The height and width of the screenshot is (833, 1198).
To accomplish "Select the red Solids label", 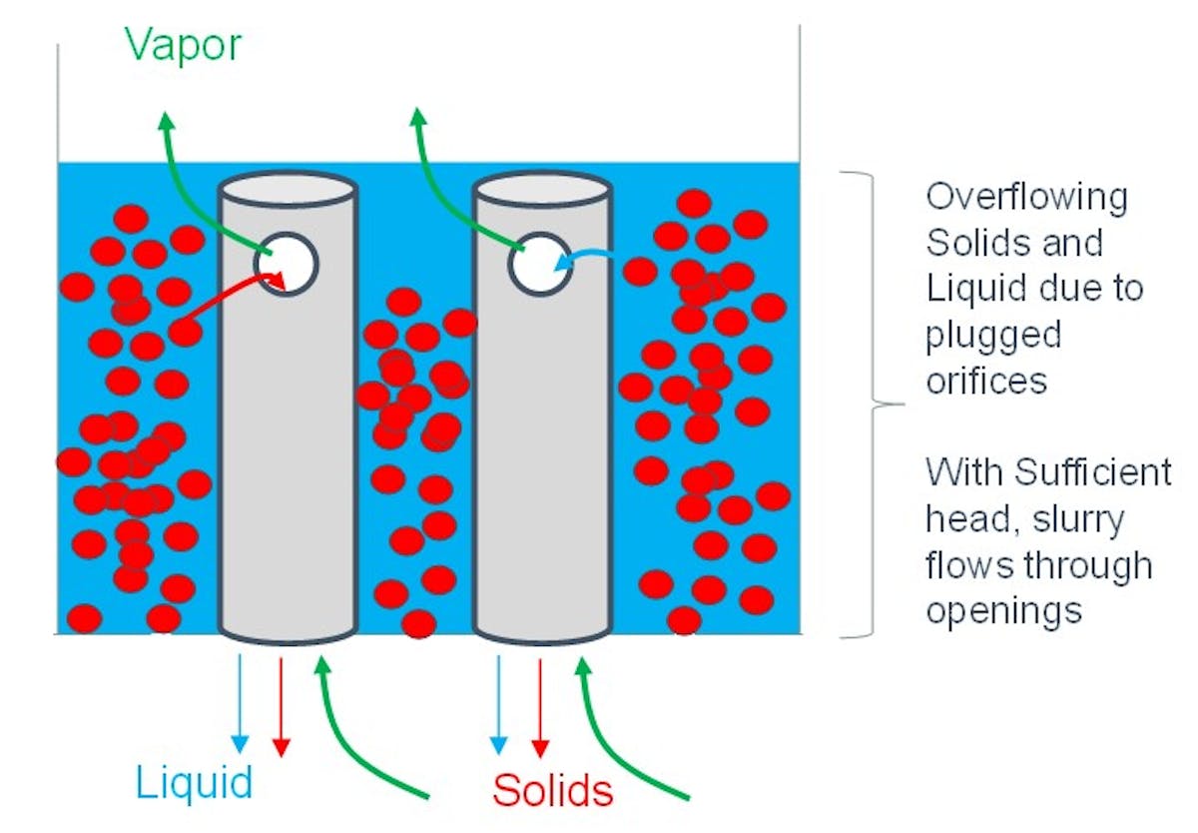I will point(552,790).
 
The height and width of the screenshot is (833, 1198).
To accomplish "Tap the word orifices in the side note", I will point(986,381).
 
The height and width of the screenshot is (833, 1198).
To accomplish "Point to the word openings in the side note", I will point(1003,609).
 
